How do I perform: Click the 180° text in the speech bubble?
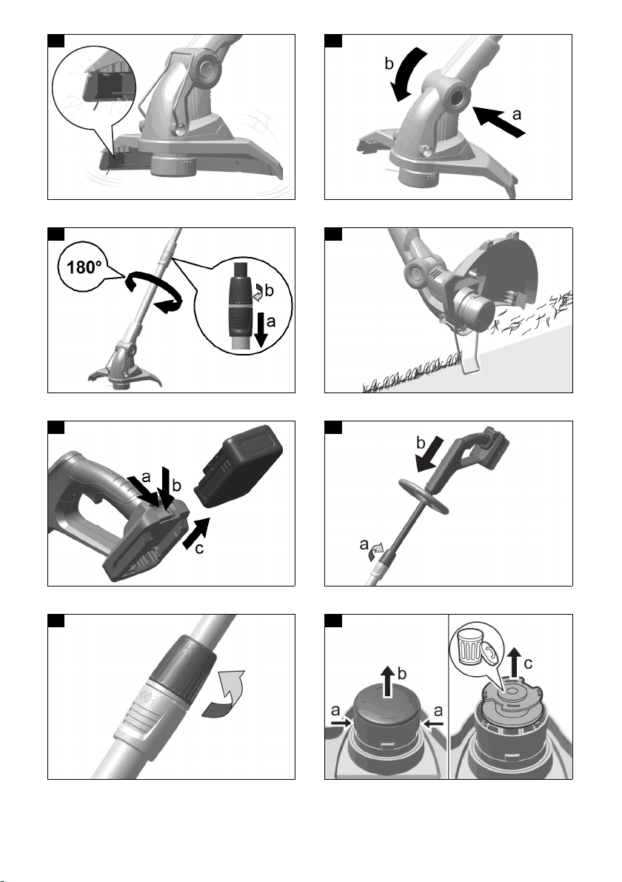click(84, 267)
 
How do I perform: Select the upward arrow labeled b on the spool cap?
click(387, 681)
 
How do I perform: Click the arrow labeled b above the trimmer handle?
click(429, 454)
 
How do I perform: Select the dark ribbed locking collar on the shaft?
click(184, 668)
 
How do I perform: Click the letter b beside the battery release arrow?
click(176, 486)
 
